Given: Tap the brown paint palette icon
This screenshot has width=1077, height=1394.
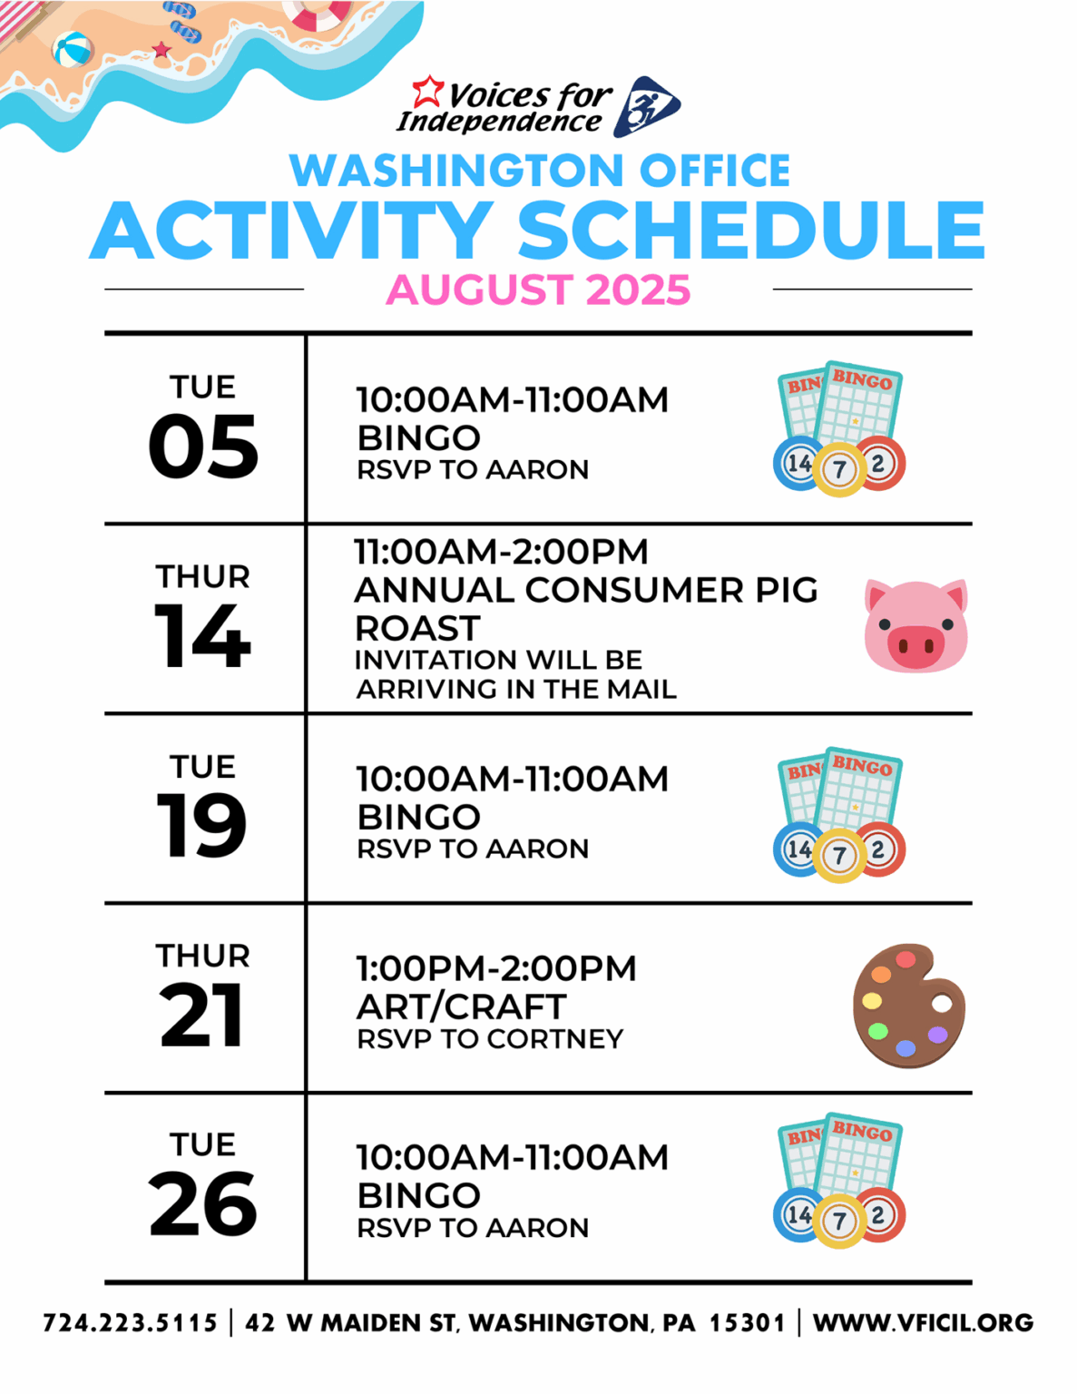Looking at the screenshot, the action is click(x=908, y=1006).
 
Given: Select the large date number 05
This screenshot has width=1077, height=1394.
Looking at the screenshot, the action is click(x=203, y=446).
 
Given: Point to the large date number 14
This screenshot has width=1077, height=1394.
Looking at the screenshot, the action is click(x=202, y=635).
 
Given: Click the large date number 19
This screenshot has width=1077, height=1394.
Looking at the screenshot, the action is click(x=201, y=825).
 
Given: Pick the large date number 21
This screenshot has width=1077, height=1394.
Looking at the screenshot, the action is click(x=201, y=1015).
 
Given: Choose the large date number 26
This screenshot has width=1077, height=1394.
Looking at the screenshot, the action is click(x=203, y=1203).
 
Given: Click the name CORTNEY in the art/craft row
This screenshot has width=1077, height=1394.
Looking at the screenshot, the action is click(x=555, y=1039).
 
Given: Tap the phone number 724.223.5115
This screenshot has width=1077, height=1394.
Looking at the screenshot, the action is click(x=130, y=1322).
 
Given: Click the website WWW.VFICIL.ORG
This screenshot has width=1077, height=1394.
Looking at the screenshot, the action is click(x=924, y=1322).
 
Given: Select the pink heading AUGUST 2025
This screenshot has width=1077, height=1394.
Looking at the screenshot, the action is click(x=539, y=290).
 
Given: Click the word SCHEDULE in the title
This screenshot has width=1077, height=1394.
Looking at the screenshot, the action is click(x=750, y=230).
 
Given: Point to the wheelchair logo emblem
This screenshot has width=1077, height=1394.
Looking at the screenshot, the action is click(x=646, y=106).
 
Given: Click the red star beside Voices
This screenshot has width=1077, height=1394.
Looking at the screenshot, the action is click(x=427, y=92).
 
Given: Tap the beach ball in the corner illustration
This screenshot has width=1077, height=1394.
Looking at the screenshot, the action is click(x=73, y=50).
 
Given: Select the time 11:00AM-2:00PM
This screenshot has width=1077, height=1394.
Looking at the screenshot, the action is click(x=502, y=552).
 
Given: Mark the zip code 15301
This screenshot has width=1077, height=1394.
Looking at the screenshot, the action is click(x=747, y=1322).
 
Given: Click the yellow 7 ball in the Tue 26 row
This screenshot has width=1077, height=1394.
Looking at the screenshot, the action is click(x=840, y=1221).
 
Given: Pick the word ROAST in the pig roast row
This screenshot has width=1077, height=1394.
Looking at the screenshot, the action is click(x=417, y=627).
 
